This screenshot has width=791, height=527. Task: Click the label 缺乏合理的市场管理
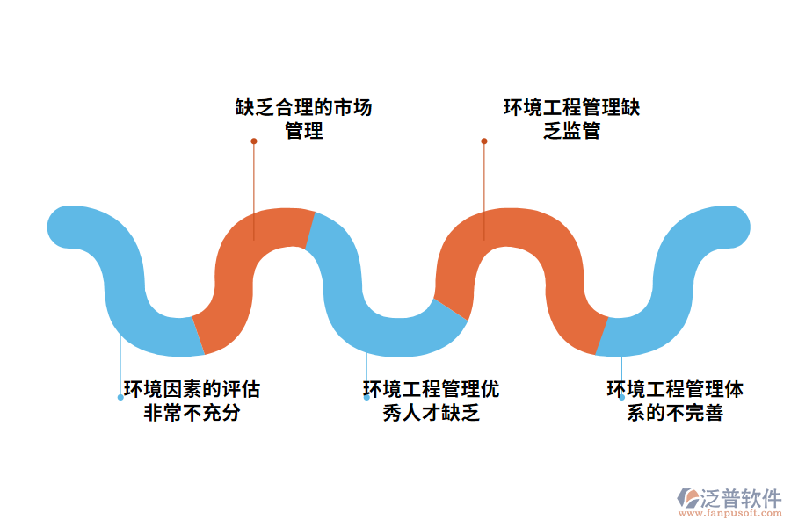pos(303,119)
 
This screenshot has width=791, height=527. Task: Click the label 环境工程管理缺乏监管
pos(571,119)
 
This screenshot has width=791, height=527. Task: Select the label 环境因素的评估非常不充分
pos(192,401)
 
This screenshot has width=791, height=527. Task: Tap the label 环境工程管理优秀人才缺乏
pos(431,401)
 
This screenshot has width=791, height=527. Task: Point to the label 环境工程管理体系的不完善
pos(675,401)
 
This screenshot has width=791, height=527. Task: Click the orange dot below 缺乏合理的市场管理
pos(254,141)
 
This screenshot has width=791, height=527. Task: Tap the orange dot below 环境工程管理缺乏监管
pos(483,141)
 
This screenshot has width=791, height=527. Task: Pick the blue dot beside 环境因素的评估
pos(120,397)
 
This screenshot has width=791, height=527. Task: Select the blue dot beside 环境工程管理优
pos(366,397)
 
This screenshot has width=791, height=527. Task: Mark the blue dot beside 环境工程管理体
pos(621,396)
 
